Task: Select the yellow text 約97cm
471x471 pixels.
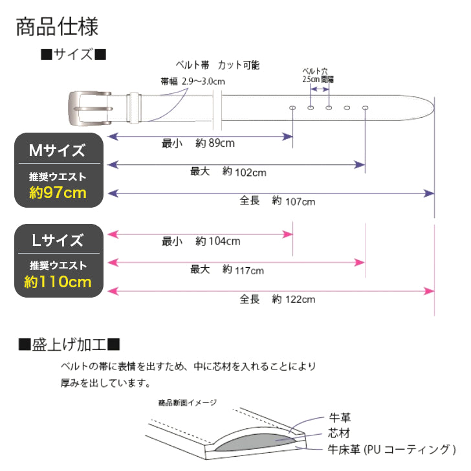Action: [x=58, y=192]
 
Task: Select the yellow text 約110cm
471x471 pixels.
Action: [x=58, y=281]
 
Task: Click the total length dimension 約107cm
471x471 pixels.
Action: [x=293, y=201]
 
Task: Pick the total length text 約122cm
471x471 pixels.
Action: [x=293, y=299]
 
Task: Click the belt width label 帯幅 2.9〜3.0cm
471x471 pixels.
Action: [x=192, y=82]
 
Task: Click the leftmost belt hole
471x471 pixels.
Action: [x=292, y=107]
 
